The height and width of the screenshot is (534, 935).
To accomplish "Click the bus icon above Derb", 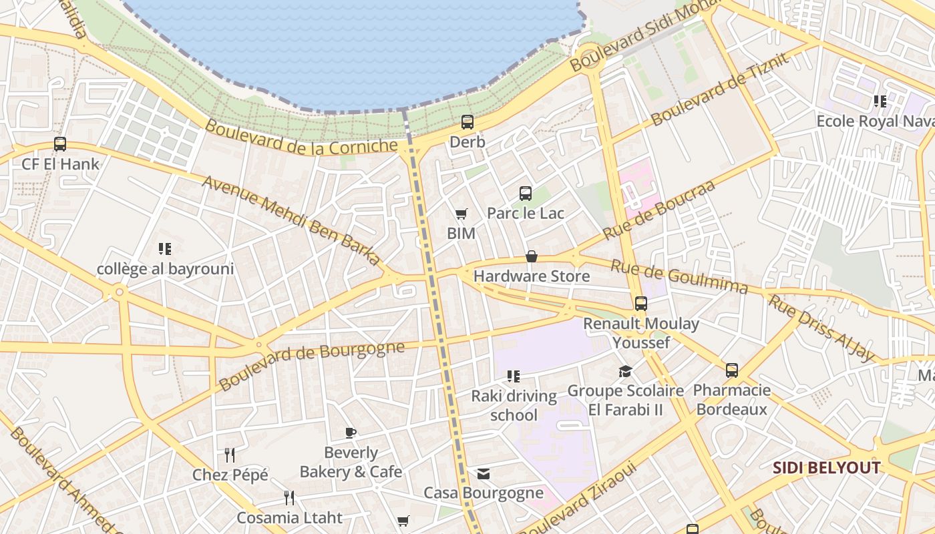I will [x=467, y=122].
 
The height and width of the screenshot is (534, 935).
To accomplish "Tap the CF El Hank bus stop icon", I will [x=60, y=144].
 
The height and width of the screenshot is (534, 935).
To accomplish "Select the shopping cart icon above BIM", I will [x=461, y=214].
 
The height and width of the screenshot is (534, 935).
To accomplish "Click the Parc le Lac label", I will [x=526, y=213].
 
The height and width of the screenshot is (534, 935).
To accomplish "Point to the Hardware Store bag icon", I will [x=532, y=256].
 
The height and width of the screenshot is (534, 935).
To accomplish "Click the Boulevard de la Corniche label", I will [x=301, y=138].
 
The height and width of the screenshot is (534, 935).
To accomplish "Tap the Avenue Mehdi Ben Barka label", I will [x=291, y=220].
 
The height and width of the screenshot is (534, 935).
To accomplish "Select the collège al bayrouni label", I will [x=166, y=269].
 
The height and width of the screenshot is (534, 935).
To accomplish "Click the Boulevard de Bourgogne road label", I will [x=312, y=365].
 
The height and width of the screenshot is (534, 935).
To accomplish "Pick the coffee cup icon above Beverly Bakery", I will [x=351, y=433].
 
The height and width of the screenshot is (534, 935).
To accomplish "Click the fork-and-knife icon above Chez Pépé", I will [x=230, y=455].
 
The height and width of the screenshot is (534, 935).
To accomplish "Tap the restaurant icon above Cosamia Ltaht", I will [x=289, y=497].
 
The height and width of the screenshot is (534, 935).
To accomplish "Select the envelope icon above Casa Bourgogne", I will [x=484, y=474].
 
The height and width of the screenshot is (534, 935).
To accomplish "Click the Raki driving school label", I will [x=514, y=405].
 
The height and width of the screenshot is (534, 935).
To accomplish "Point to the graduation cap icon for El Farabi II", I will [x=625, y=371].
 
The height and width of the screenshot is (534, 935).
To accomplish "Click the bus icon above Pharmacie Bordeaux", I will [x=732, y=370].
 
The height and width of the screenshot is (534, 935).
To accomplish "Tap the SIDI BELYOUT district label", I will [x=827, y=468].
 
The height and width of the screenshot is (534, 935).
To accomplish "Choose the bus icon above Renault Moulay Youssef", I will [x=641, y=304].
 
